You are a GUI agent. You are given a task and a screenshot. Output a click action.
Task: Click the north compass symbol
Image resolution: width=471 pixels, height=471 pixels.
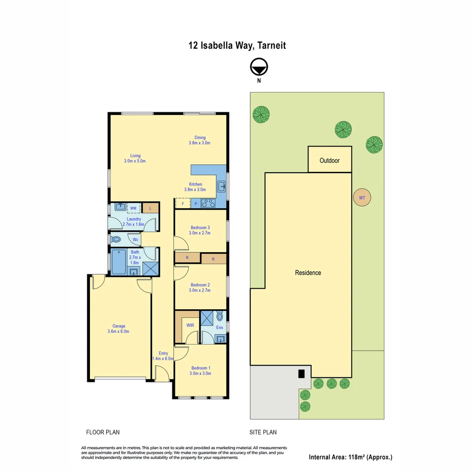pos(259,67)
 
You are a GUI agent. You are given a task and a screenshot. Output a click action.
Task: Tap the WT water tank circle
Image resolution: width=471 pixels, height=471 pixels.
pos(362,198)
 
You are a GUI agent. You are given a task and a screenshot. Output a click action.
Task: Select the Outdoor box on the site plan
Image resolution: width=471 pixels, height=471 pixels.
pos(330,160)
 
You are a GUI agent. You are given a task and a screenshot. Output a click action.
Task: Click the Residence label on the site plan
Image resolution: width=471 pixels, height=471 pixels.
pos(308,273)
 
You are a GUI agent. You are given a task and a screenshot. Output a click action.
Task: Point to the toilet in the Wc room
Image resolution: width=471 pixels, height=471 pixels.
pos(116,239)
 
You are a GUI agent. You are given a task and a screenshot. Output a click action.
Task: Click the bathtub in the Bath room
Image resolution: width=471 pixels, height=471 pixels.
pos(119,262)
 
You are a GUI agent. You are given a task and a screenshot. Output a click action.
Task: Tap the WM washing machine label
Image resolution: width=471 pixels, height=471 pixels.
pos(133,208)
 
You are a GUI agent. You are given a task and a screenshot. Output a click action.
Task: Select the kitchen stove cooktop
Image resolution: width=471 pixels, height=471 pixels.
pos(208,203)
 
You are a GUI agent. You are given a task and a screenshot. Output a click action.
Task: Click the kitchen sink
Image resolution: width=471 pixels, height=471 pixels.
pos(222,188)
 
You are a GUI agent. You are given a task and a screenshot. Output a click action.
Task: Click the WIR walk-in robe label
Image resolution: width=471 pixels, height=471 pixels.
pos(190,325)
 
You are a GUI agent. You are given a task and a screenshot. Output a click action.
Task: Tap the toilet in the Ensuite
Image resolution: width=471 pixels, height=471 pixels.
pos(219,316)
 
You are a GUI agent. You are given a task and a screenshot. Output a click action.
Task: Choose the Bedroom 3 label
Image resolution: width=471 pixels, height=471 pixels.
pos(200,228)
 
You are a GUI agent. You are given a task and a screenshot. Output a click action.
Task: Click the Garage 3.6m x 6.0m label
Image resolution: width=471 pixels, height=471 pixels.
pos(119,328)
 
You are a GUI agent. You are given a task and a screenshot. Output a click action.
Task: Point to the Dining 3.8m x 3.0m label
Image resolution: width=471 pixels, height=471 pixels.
pos(200,140)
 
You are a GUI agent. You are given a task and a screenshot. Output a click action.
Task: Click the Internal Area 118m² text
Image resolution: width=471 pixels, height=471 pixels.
pos(351,457)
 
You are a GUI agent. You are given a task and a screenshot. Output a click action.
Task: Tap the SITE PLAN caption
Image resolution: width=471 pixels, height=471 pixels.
pos(263,432)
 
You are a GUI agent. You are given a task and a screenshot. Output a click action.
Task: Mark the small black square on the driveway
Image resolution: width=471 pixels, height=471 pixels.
pos(301,374)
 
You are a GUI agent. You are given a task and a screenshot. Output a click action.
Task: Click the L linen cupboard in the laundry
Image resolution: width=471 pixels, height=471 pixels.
pos(150,208)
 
